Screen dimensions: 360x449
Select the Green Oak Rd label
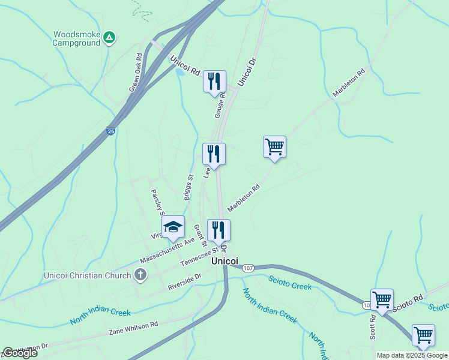pos(136,73)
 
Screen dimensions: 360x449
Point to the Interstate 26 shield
pos(110,131)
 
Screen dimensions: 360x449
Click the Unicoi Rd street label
pos(185,65)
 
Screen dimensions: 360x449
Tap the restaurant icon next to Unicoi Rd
pos(214,81)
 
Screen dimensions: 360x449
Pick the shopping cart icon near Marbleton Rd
pos(274,146)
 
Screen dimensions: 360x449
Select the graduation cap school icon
pos(173,227)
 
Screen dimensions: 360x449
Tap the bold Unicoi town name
pos(225,262)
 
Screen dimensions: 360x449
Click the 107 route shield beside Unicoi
pos(249,268)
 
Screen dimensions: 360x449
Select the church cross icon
pos(140,275)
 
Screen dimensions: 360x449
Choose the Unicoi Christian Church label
pos(88,276)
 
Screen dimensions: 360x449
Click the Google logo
pos(20,353)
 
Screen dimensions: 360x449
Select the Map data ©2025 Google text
pos(412,355)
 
